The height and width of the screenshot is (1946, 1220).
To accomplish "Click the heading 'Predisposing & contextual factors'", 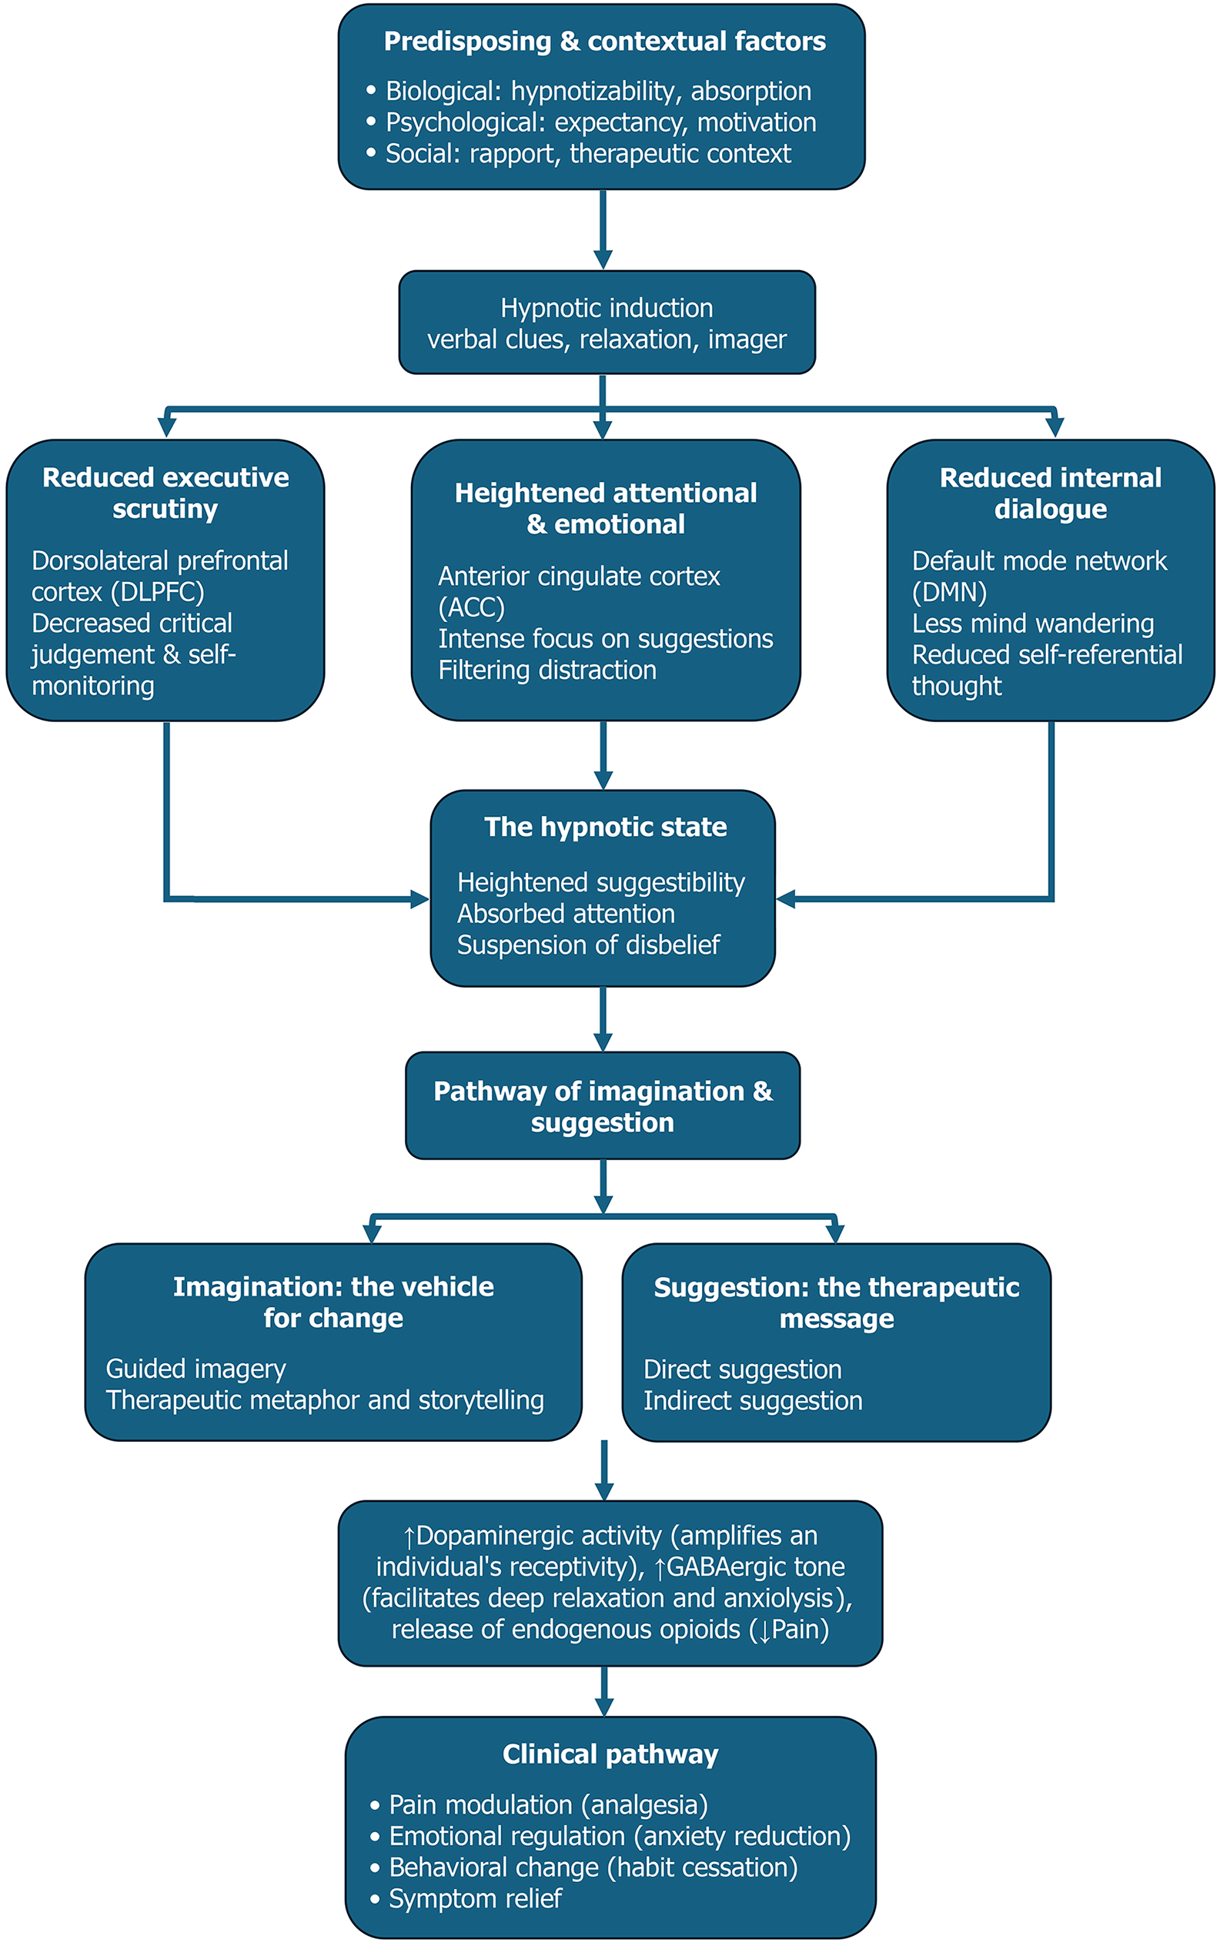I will click(x=604, y=41).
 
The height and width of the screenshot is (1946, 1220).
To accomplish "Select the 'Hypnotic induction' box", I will click(x=607, y=323).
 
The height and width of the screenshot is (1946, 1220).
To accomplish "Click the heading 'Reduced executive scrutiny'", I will click(x=165, y=493).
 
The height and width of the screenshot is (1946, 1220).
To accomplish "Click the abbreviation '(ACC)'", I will click(x=471, y=607).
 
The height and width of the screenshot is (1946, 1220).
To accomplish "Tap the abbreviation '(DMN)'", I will click(x=949, y=592).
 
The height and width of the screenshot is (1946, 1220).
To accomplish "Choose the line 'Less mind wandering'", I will click(x=1033, y=624).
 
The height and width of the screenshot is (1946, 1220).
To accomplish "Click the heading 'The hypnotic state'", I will click(x=605, y=827).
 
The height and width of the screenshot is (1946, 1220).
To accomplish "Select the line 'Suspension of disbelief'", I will click(x=588, y=945).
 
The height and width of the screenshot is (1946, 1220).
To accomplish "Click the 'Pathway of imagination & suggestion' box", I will click(x=603, y=1106).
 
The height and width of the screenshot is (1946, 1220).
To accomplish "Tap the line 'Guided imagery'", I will click(x=196, y=1369).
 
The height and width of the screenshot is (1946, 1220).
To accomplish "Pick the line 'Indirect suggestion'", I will click(x=753, y=1400).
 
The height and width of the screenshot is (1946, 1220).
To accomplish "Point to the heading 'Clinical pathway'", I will click(x=610, y=1754).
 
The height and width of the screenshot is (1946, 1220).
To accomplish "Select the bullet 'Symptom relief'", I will click(x=475, y=1899).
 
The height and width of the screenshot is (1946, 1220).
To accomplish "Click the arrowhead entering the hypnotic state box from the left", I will click(x=419, y=899).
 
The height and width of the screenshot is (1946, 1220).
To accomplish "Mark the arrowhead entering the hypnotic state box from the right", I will click(x=786, y=899).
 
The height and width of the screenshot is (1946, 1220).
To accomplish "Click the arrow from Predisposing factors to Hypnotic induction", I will click(x=603, y=229).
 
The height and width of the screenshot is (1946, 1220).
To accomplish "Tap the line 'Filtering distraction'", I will click(x=547, y=670).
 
